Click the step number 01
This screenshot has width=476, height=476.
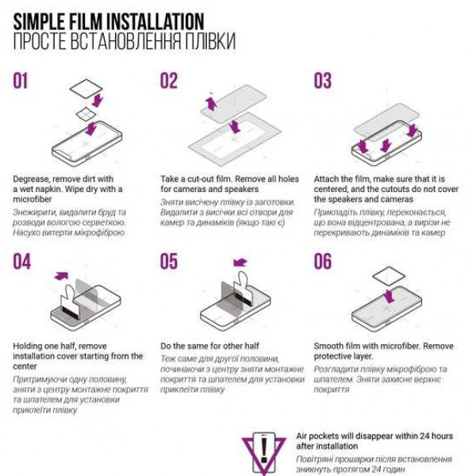pos(21,81)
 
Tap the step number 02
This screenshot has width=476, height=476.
pos(168,81)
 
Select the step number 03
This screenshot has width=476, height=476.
pos(322,81)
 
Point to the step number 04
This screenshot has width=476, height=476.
pos(22,261)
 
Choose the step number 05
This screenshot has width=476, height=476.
pos(169,261)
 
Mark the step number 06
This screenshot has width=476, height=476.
pos(323,261)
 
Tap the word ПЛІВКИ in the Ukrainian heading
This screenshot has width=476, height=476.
pos(210,41)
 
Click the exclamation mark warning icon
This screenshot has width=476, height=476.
pos(264,453)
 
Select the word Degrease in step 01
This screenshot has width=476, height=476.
pos(31,179)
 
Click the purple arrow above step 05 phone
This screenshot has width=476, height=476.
pos(240,262)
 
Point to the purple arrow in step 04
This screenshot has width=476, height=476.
pos(61,275)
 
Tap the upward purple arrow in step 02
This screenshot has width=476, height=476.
pos(211,103)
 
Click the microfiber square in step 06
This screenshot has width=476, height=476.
pos(389,276)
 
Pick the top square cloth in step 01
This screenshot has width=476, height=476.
pos(86,89)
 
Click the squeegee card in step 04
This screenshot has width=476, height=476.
pos(70,303)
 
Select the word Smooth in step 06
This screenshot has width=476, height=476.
pos(328,346)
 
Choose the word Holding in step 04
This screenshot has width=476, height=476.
pos(28,347)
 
